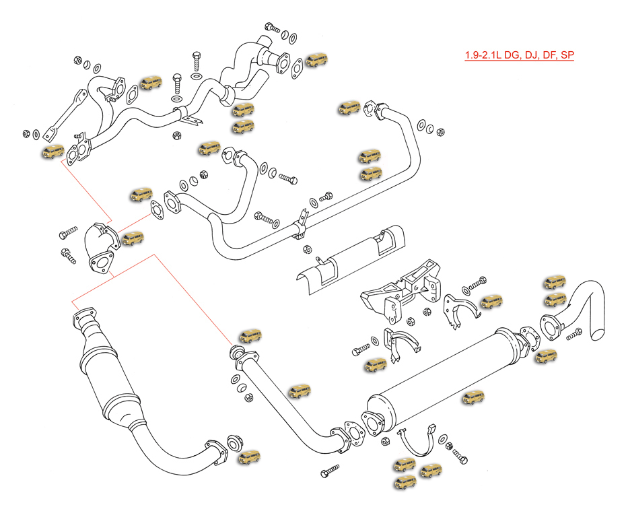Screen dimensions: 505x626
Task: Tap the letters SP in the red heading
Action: click(x=567, y=56)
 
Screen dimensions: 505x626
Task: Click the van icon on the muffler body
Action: click(x=473, y=398)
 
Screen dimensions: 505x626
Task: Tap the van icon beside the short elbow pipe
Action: click(x=133, y=238)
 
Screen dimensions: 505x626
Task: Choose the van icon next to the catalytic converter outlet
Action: click(x=249, y=458)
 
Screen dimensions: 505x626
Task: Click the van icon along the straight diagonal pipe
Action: click(x=300, y=391)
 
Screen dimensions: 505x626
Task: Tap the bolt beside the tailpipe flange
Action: click(x=573, y=334)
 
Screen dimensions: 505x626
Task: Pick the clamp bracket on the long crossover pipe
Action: click(x=302, y=226)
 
